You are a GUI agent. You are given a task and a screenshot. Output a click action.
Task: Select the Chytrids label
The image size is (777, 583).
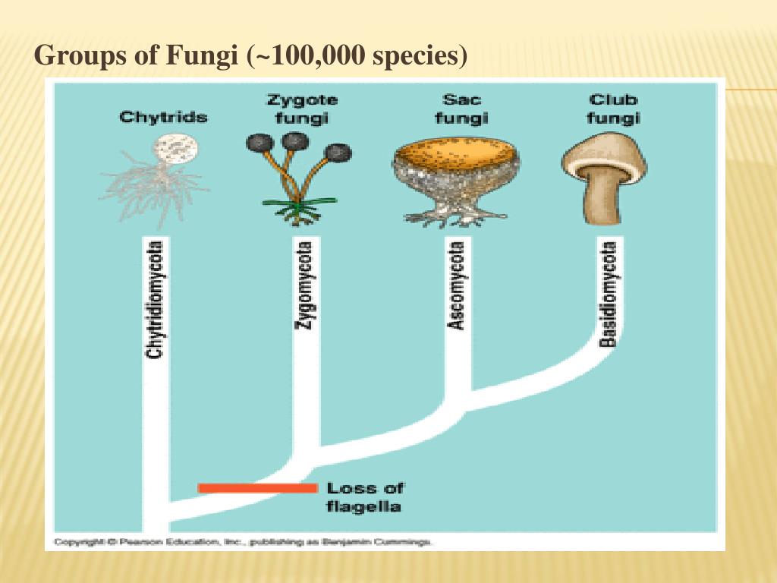(163, 118)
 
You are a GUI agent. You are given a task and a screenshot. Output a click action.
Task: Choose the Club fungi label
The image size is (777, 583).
(614, 109)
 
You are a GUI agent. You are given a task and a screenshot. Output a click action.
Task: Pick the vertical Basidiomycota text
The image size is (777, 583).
(608, 293)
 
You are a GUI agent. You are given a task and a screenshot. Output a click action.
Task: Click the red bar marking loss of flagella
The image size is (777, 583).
(257, 488)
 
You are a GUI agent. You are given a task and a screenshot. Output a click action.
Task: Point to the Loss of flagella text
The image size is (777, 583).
(364, 497)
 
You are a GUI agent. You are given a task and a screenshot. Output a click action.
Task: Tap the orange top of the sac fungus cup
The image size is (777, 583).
(456, 152)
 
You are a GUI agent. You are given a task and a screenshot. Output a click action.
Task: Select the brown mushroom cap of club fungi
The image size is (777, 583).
(604, 152)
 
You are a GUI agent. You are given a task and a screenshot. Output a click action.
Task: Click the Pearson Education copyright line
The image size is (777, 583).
(243, 542)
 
